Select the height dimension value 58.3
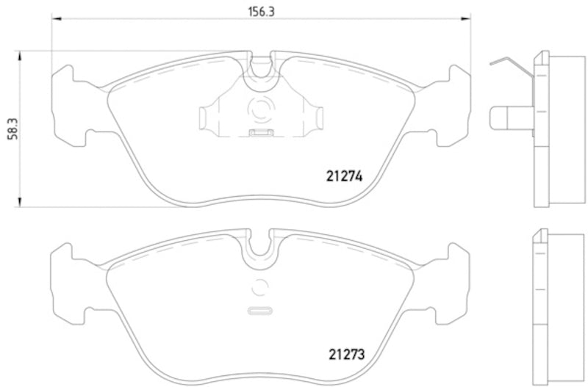pyautogui.click(x=9, y=129)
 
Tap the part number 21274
pyautogui.click(x=345, y=176)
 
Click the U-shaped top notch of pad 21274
pyautogui.click(x=259, y=67)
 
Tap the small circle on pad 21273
pyautogui.click(x=259, y=288)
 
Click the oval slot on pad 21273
pyautogui.click(x=259, y=310)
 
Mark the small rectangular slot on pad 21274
pyautogui.click(x=259, y=133)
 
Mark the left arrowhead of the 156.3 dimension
pyautogui.click(x=55, y=21)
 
